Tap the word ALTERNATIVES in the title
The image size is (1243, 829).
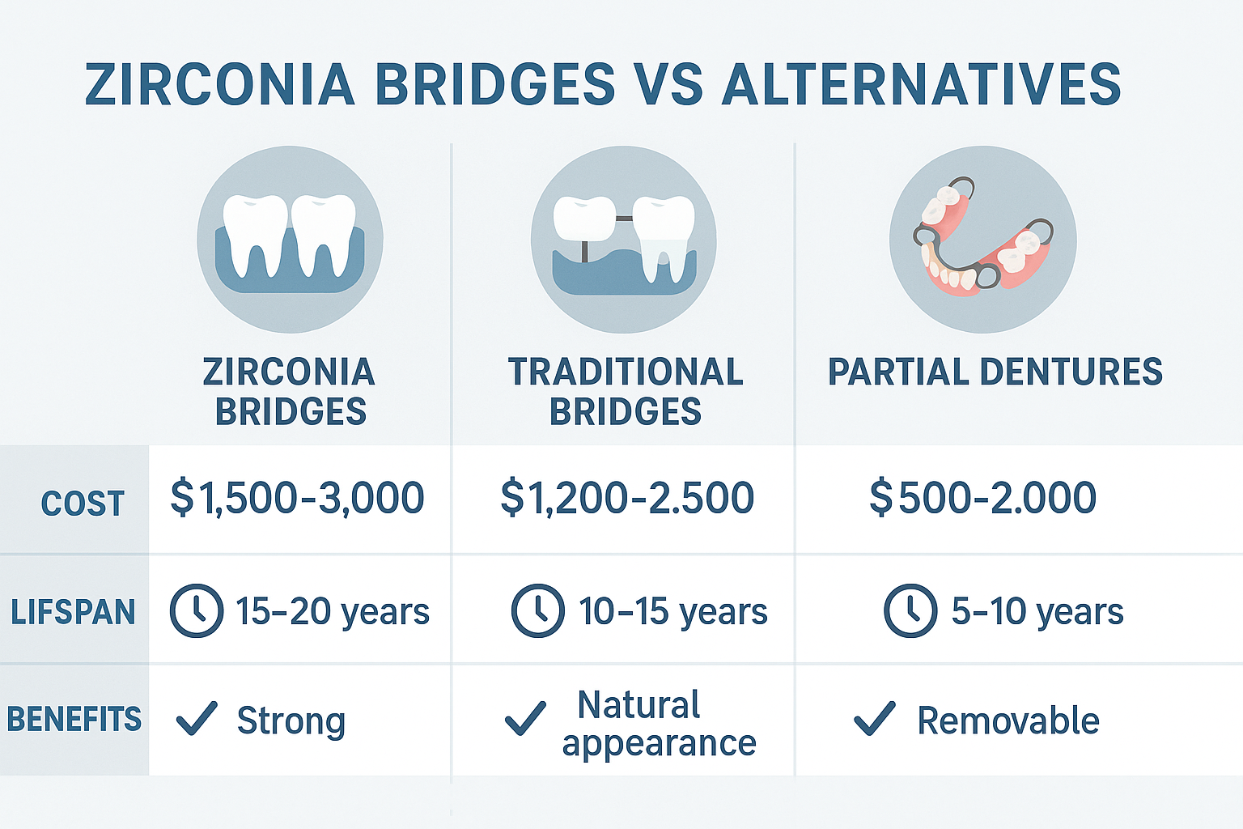[x=921, y=84]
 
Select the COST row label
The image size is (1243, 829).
[x=83, y=504]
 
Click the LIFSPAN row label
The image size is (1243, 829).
[x=73, y=612]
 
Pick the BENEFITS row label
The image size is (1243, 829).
[x=74, y=720]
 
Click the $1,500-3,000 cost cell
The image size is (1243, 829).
[x=297, y=497]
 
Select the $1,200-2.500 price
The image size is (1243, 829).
[x=627, y=497]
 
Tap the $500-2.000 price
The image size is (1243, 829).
[x=982, y=497]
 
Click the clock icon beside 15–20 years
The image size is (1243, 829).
[x=196, y=610]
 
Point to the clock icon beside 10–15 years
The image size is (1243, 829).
[x=537, y=610]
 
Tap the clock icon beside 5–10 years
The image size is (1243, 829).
[x=910, y=610]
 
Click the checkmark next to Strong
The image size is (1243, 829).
[x=197, y=718]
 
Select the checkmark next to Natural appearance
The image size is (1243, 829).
[x=525, y=718]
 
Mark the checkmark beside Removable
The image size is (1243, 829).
[x=875, y=718]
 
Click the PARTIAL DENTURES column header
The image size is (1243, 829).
[x=995, y=372]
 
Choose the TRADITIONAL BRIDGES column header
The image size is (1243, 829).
[x=625, y=392]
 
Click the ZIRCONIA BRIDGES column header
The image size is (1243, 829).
[x=290, y=392]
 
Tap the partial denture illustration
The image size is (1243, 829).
[x=982, y=239]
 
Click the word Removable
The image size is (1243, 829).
[x=1008, y=721]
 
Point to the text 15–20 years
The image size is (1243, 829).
[x=332, y=612]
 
